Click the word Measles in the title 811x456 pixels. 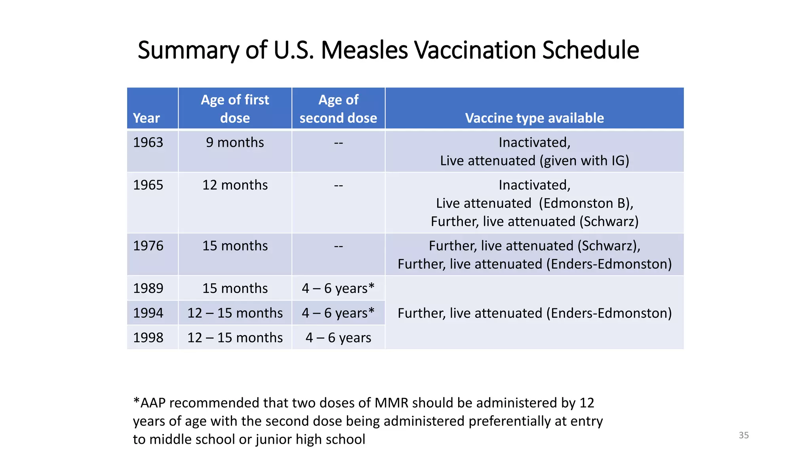(x=364, y=50)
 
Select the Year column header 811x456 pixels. (x=147, y=118)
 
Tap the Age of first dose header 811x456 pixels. (x=235, y=108)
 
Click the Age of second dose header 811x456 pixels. (x=338, y=108)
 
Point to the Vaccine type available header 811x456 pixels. (x=534, y=118)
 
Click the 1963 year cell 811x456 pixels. (x=148, y=142)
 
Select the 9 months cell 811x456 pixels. (x=235, y=142)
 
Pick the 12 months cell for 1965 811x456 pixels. (x=235, y=185)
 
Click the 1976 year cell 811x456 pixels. (x=148, y=246)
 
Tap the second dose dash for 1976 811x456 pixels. (x=338, y=246)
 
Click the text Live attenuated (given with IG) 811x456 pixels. (x=534, y=161)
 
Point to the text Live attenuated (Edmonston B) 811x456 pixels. (x=534, y=203)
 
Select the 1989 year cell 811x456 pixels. (x=148, y=288)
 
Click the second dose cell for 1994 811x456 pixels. (x=338, y=313)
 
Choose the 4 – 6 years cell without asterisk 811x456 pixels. (x=338, y=338)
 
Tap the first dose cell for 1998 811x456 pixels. (x=235, y=338)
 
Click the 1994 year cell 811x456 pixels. (x=148, y=313)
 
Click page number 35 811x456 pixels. (x=744, y=435)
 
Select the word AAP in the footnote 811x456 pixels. (x=152, y=403)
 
